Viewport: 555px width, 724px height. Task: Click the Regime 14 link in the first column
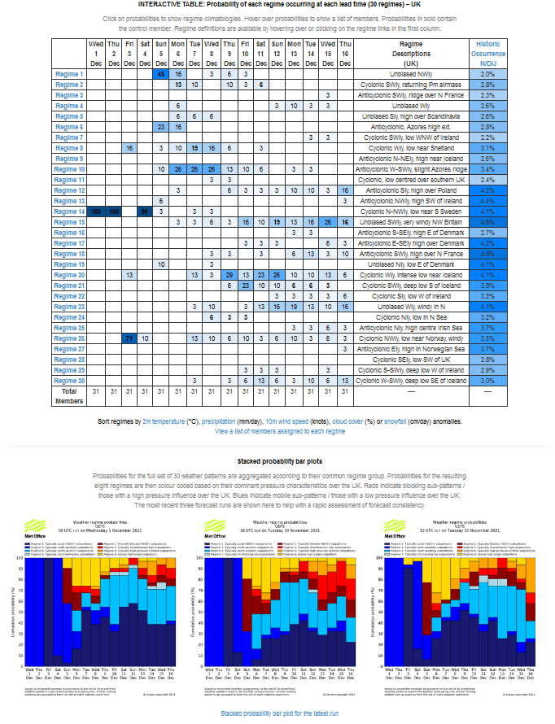[x=69, y=212]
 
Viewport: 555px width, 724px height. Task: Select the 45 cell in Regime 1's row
[x=161, y=74]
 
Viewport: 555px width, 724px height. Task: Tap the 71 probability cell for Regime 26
[x=129, y=338]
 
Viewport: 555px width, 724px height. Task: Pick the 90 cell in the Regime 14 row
[x=145, y=212]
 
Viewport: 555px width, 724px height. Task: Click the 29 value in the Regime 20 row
[x=229, y=275]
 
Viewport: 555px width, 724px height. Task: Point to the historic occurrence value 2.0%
[x=487, y=74]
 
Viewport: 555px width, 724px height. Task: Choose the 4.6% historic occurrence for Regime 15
[x=487, y=222]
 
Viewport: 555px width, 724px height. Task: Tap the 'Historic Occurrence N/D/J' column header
[x=487, y=53]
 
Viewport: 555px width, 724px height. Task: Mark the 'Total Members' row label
[x=69, y=395]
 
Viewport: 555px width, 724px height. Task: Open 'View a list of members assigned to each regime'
[x=280, y=432]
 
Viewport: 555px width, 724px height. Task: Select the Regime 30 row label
[x=69, y=381]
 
